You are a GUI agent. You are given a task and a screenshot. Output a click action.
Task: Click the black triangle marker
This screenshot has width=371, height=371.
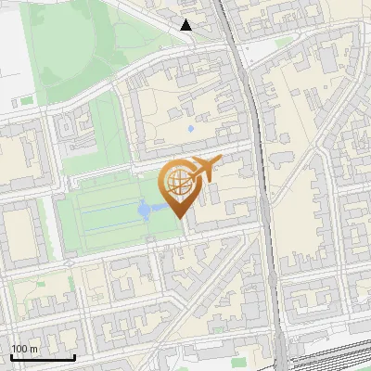pos(186,25)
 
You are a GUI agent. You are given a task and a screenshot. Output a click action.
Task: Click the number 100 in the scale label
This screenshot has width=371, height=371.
pos(19,348)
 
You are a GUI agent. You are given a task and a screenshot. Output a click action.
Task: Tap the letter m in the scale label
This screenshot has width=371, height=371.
pos(33,348)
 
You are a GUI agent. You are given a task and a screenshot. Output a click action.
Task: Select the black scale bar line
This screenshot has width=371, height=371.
pos(43,357)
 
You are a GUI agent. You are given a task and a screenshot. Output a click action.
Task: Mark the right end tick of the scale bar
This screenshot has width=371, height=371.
pos(74,355)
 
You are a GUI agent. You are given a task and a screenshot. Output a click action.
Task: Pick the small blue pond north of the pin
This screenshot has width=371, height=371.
pos(191,128)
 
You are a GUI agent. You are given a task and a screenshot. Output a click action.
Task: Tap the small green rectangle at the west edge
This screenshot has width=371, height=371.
pos(25,100)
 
